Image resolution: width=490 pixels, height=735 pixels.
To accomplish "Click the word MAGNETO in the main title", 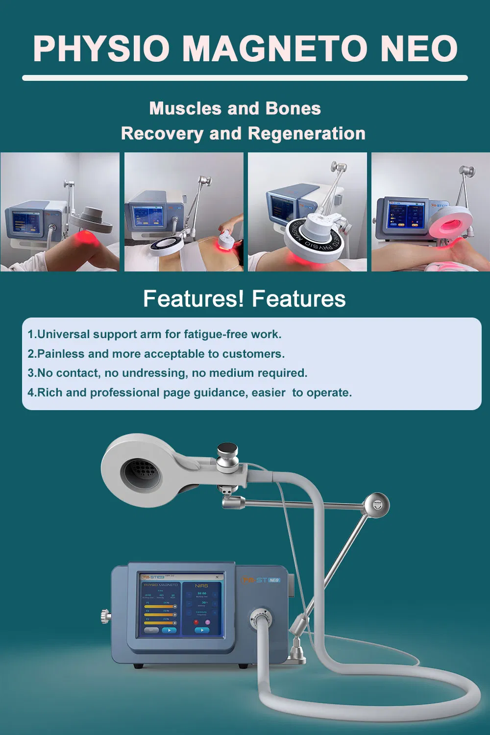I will pyautogui.click(x=274, y=49).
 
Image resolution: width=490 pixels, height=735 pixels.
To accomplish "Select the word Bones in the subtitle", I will pyautogui.click(x=293, y=108).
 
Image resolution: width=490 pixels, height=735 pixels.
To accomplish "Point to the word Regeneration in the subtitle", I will pyautogui.click(x=306, y=133).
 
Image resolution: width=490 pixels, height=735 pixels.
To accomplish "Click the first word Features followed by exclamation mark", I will pyautogui.click(x=193, y=298).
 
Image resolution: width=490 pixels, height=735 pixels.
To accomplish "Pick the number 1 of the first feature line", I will pyautogui.click(x=30, y=334).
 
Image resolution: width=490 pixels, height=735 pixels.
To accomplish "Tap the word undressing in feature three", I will pyautogui.click(x=154, y=373).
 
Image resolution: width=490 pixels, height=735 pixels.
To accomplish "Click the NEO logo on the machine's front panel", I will pyautogui.click(x=274, y=580).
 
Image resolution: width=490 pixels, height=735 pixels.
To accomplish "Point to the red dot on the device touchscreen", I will pyautogui.click(x=196, y=622).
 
